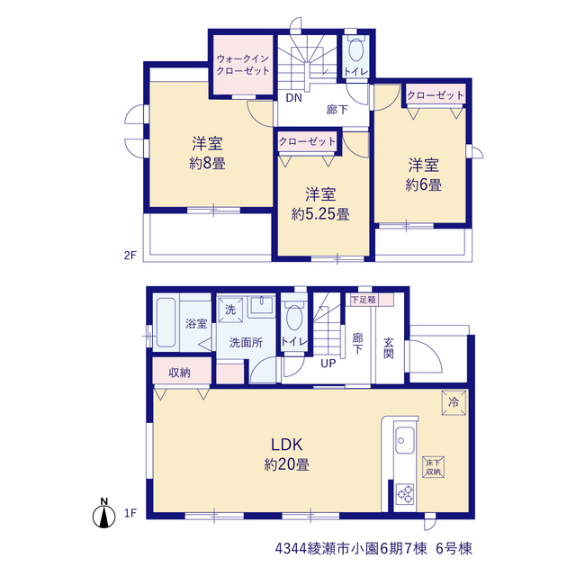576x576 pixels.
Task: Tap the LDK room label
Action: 286,445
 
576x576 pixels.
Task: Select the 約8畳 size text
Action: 207,163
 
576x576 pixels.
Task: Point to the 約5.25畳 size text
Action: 320,214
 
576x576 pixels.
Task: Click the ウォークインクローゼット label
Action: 242,65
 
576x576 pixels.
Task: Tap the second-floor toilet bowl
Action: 355,49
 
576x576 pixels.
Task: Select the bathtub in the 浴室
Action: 166,322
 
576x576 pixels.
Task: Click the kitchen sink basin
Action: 405,440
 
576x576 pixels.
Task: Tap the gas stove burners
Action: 405,494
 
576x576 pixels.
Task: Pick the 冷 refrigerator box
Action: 454,402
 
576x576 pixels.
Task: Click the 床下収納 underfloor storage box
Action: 434,467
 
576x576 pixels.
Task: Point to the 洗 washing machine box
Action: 230,310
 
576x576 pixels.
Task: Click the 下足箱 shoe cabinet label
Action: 364,300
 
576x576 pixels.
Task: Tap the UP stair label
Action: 328,364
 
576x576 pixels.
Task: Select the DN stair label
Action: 294,98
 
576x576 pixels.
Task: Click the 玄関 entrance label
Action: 389,348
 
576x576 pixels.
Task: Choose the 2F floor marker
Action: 130,255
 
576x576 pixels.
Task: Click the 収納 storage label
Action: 179,373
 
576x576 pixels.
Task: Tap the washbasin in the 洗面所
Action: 262,306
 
